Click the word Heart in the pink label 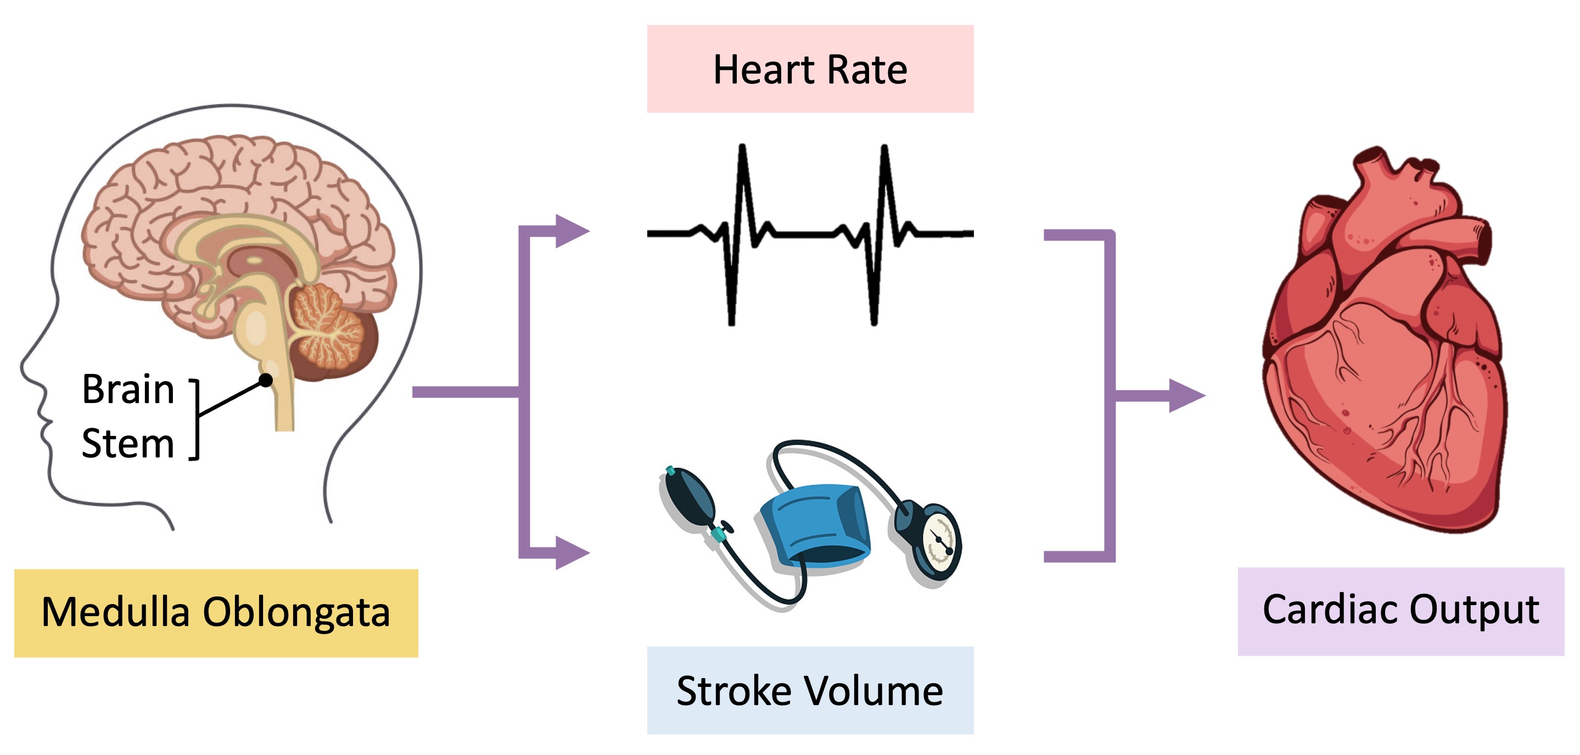pos(764,69)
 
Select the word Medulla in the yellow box pos(115,612)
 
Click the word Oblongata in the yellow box pos(296,613)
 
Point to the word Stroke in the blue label pos(733,691)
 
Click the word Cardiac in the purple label pos(1330,609)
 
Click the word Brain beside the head pos(128,389)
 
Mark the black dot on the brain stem pos(266,381)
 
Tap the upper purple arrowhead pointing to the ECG pos(572,231)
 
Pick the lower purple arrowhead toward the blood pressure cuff pos(572,552)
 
